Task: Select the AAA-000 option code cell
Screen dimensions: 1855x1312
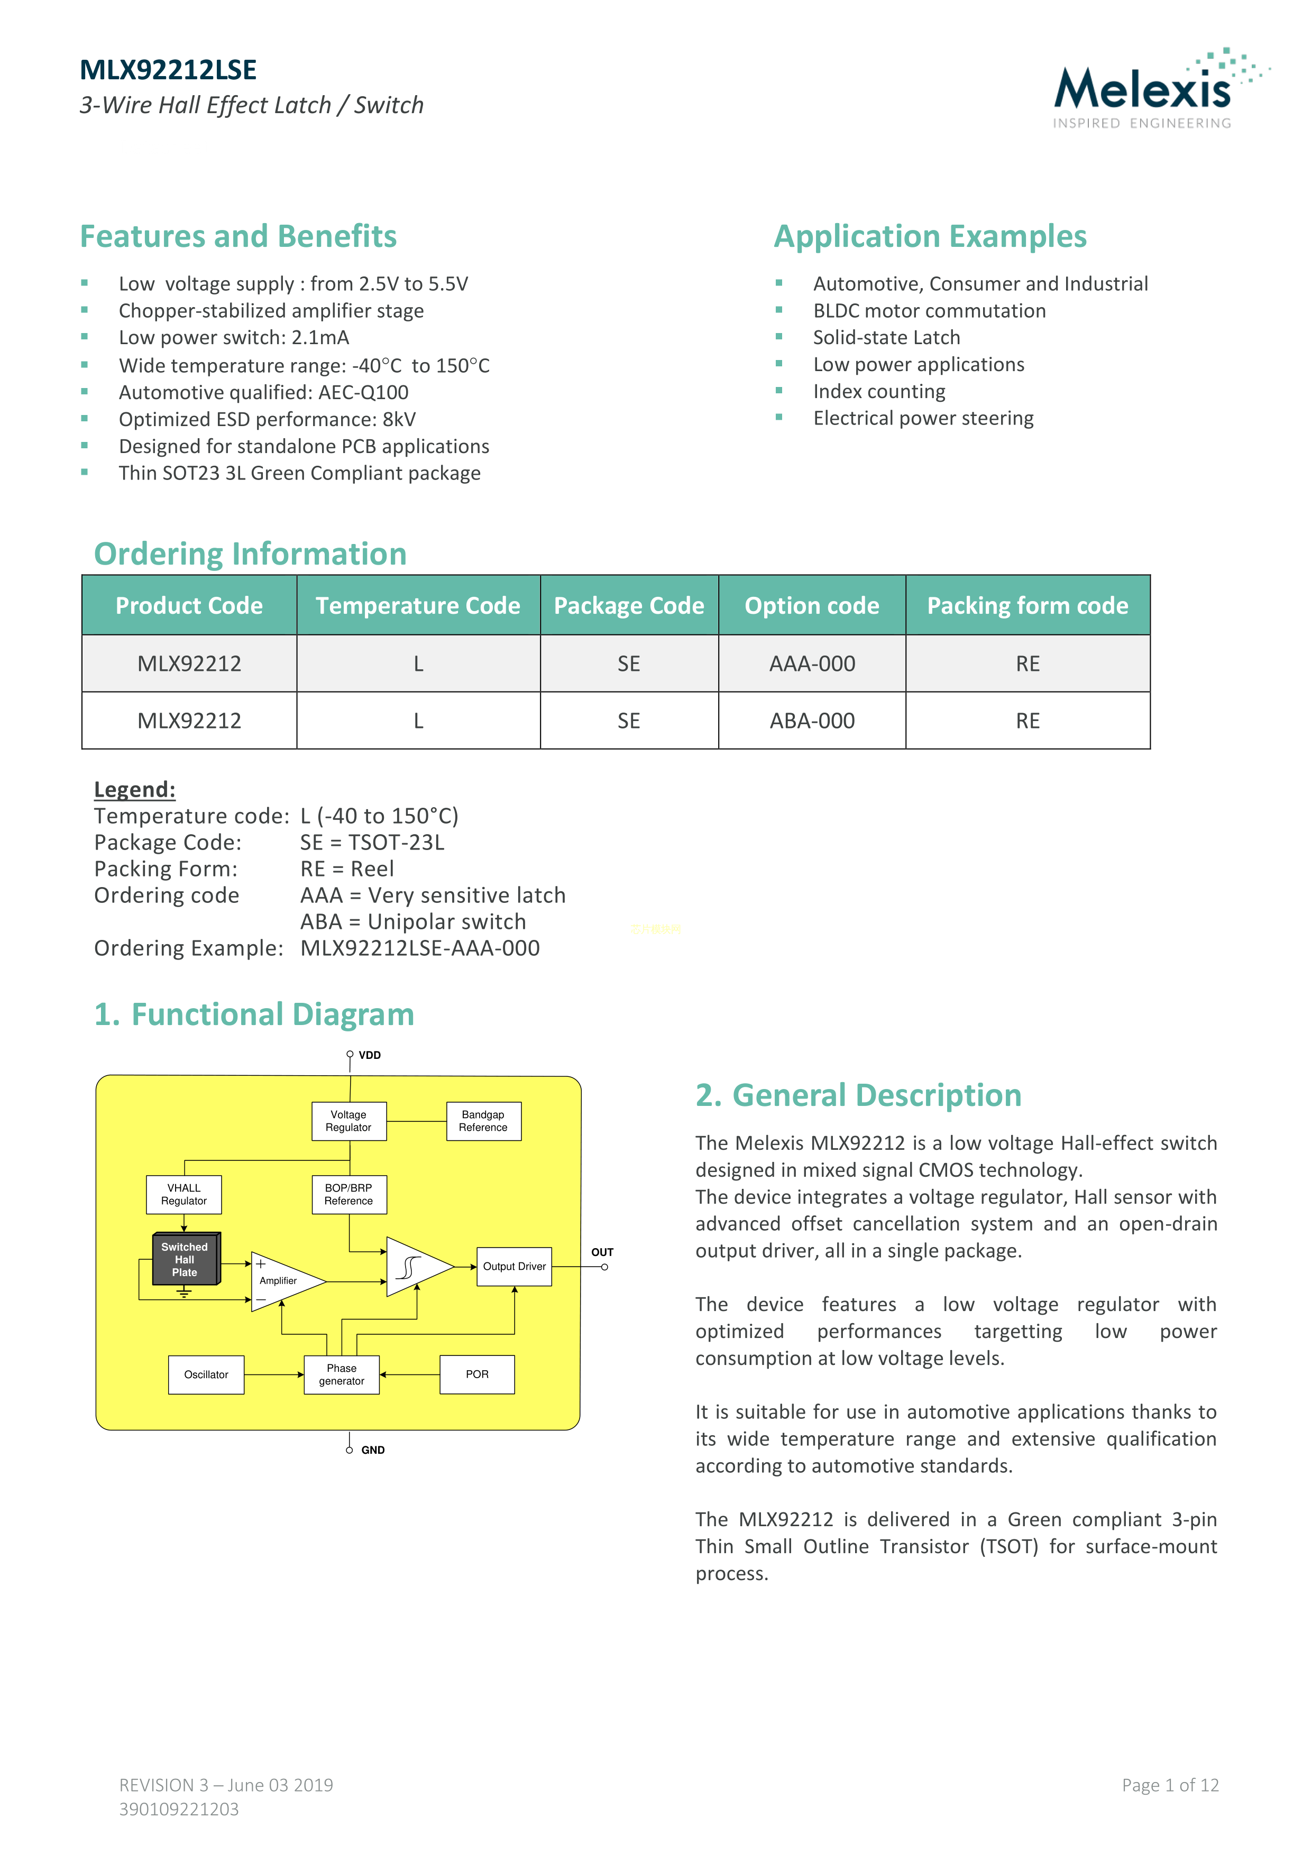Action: point(812,663)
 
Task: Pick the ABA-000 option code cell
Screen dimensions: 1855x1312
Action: point(812,721)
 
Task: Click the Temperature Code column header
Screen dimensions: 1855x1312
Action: point(417,605)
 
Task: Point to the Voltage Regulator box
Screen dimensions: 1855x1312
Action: point(348,1121)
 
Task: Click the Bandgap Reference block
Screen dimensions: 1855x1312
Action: point(483,1121)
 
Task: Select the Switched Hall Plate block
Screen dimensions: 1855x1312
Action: point(185,1260)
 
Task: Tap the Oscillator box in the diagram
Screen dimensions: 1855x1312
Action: point(206,1374)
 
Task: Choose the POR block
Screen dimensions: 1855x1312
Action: point(477,1374)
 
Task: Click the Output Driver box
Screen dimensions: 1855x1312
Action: point(514,1266)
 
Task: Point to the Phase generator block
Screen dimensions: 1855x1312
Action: point(342,1374)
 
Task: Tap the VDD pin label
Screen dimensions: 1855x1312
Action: point(370,1055)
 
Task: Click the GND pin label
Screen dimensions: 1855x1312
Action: point(373,1450)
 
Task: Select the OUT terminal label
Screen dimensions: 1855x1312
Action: point(602,1252)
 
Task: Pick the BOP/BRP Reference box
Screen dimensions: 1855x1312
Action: point(348,1194)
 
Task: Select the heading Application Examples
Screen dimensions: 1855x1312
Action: point(930,236)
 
